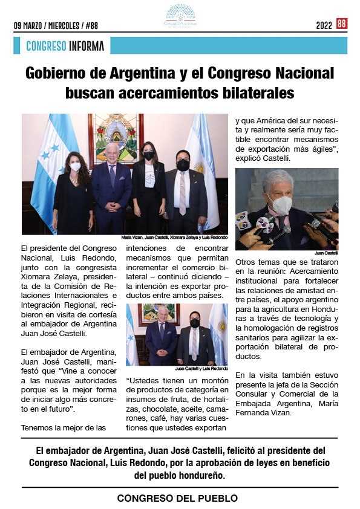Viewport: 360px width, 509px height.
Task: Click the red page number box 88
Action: click(342, 24)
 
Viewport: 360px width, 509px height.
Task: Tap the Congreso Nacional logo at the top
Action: click(180, 15)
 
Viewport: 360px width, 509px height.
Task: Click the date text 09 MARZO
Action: click(30, 26)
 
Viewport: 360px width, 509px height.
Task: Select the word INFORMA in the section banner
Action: click(87, 46)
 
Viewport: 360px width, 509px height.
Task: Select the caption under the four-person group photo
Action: click(174, 238)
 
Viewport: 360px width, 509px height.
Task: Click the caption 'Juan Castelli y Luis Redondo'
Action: click(201, 368)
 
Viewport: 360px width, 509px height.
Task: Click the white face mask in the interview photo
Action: click(281, 204)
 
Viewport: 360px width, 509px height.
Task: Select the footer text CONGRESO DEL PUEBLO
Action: click(177, 498)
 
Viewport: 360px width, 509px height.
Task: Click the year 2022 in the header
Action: click(324, 26)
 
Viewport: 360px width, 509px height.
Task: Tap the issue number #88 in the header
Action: click(91, 26)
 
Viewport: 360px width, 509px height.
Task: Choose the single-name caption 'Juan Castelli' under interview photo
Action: click(326, 253)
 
